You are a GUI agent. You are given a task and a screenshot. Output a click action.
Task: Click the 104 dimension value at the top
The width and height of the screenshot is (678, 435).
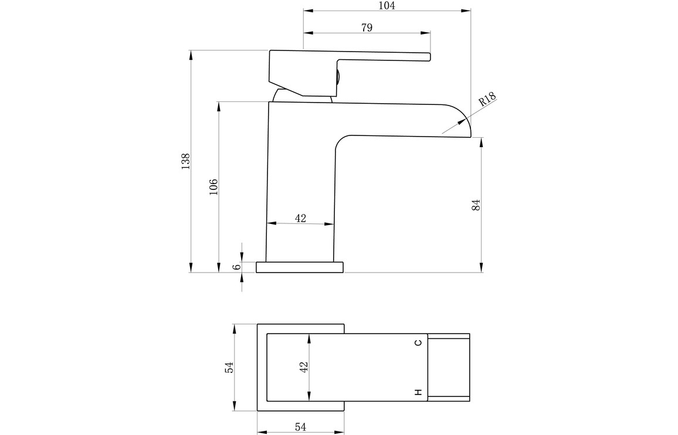[x=387, y=5]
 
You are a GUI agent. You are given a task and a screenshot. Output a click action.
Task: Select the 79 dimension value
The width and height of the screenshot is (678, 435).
[x=367, y=28]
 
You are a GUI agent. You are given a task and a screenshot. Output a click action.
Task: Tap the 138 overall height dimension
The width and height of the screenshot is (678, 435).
[x=185, y=161]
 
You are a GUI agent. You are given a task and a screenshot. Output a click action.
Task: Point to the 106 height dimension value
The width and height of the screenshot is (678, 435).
[x=213, y=186]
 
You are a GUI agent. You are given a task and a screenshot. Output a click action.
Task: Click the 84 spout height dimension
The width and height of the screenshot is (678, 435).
[x=476, y=205]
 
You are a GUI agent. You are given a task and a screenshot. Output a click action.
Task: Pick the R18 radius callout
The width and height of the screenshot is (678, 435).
[x=487, y=100]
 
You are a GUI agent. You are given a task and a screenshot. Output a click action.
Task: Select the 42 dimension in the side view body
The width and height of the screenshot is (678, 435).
[x=300, y=218]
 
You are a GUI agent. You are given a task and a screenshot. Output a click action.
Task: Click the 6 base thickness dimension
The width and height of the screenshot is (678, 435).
[x=236, y=267]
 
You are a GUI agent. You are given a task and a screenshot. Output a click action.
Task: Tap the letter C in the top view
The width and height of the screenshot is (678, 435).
[x=418, y=343]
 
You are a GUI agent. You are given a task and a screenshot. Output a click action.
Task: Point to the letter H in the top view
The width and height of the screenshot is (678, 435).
[x=418, y=392]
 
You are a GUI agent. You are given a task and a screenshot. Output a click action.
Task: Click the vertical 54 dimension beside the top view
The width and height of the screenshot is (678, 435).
[x=229, y=367]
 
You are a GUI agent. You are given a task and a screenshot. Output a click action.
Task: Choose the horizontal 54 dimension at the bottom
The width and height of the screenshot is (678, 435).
[x=300, y=427]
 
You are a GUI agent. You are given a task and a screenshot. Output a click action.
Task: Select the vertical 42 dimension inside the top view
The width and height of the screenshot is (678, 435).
[x=304, y=367]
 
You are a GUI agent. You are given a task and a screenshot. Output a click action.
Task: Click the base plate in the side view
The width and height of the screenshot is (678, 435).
[x=300, y=267]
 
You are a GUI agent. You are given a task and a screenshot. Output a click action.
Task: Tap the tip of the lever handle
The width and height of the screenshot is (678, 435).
[x=430, y=57]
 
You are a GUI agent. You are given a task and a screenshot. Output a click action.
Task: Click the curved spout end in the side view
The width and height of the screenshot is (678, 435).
[x=458, y=121]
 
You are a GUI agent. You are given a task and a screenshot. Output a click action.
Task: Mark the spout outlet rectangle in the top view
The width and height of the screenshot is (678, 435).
[x=449, y=368]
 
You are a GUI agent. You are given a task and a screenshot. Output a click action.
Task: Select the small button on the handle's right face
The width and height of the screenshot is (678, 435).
[x=338, y=80]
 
